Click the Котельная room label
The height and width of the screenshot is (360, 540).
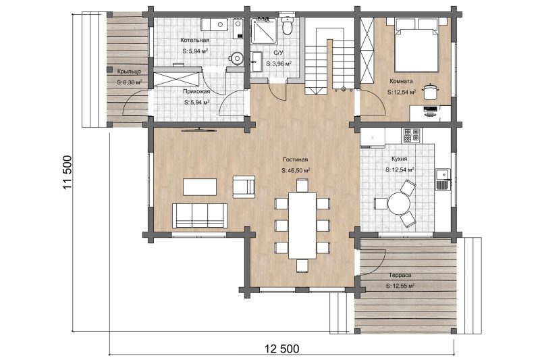coord(194,41)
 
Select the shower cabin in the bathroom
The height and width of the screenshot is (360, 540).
coord(264,31)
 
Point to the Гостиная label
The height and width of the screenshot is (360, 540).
coord(295,159)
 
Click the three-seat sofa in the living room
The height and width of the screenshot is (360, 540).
coord(200,215)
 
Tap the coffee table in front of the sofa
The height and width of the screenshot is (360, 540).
coord(200,186)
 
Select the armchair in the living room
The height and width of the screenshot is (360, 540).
coord(244,186)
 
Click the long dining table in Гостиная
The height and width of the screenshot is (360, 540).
coord(302,226)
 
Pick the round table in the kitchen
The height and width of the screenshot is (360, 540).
coord(399,203)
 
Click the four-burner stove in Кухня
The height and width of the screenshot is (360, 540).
coord(411,135)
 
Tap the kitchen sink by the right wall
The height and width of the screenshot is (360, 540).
coord(443,179)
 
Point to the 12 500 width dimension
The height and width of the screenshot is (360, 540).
coord(282,349)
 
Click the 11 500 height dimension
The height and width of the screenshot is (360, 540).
coord(67,173)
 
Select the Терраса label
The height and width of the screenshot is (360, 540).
coord(400,276)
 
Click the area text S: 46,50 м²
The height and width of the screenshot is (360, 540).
coord(295,170)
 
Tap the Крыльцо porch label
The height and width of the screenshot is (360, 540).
coord(129,72)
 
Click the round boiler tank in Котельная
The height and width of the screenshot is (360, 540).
coord(236,58)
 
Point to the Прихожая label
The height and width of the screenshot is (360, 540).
coord(196,92)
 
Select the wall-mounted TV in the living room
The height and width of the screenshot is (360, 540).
coord(198,130)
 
